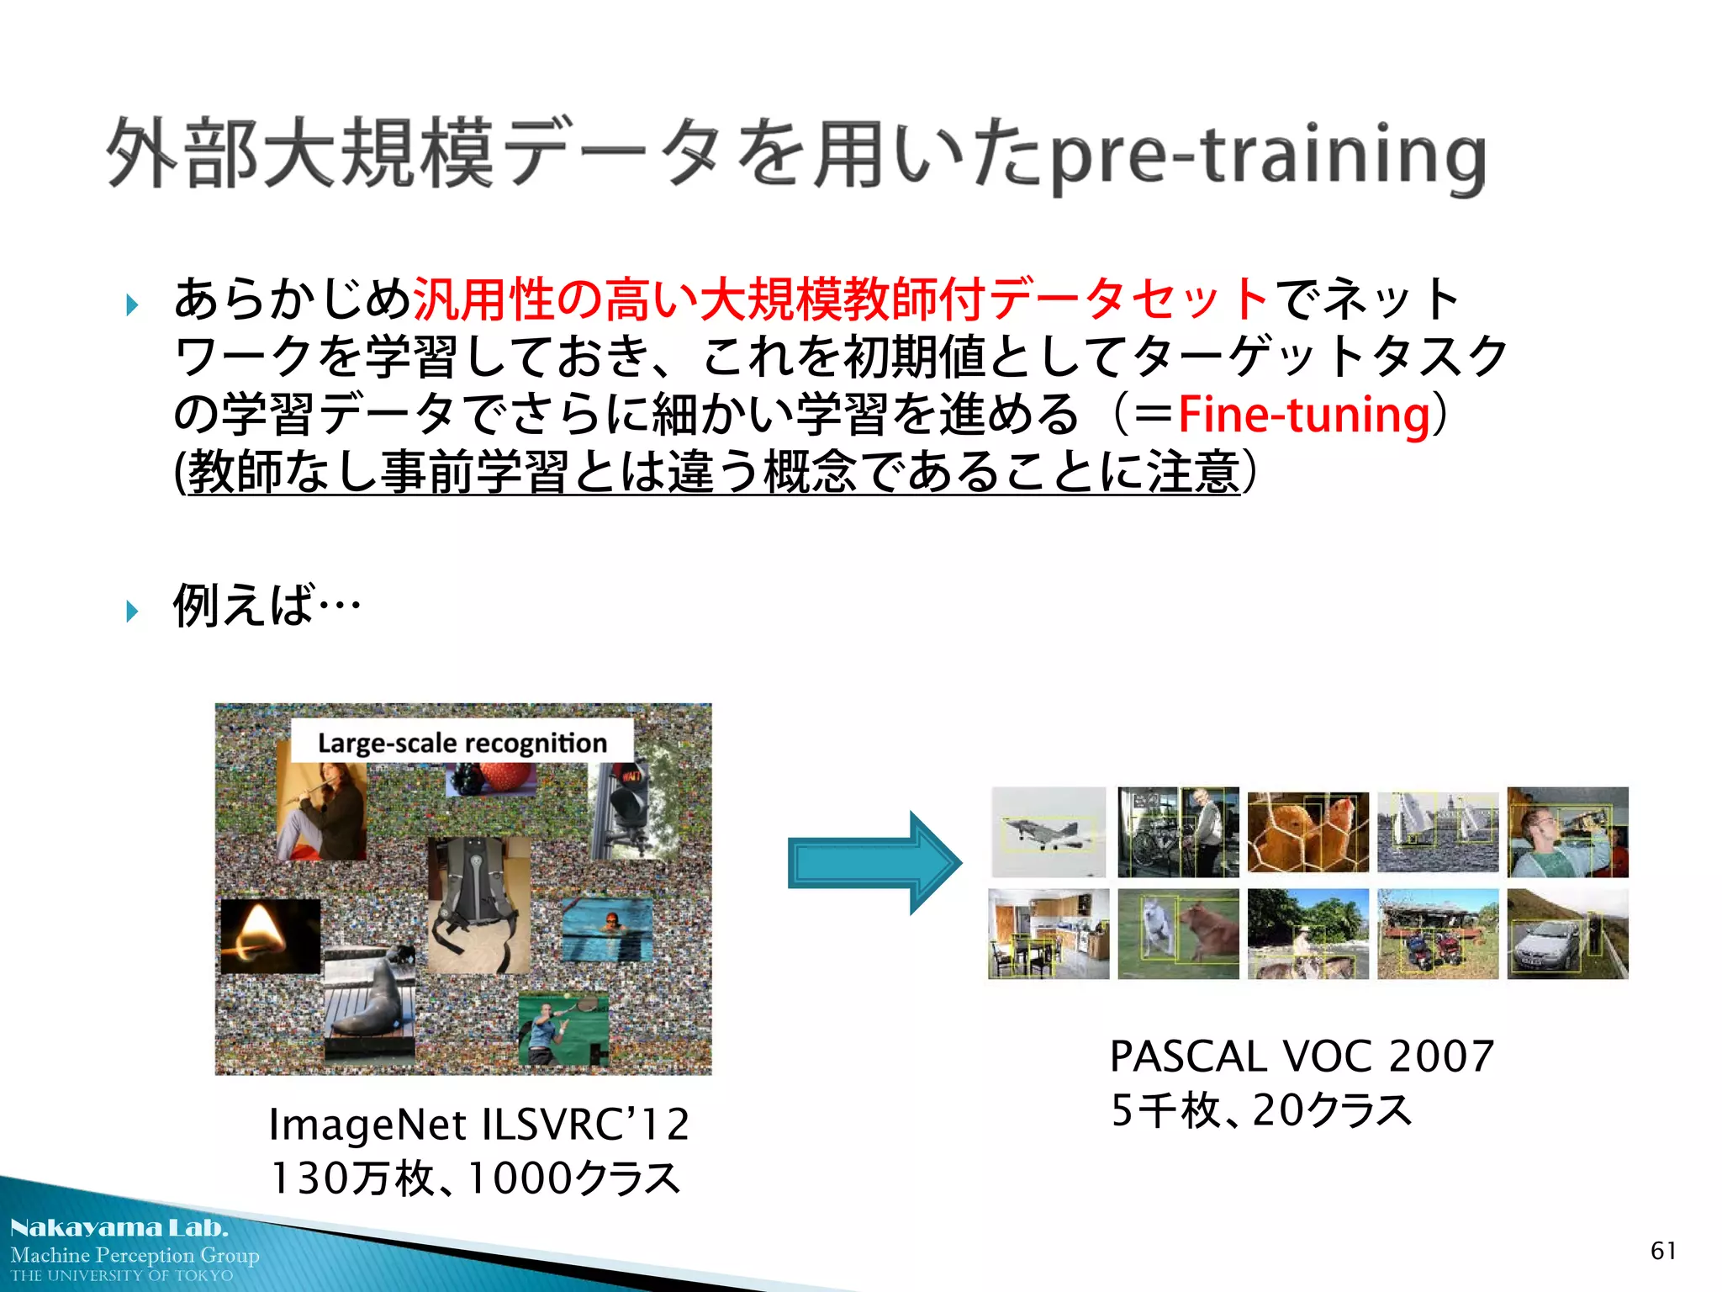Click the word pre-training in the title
pyautogui.click(x=1268, y=157)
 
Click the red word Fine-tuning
pyautogui.click(x=1303, y=416)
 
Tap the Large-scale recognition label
pyautogui.click(x=462, y=743)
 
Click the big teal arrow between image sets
pyautogui.click(x=874, y=863)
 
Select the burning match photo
pyautogui.click(x=270, y=936)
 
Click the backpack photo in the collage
pyautogui.click(x=478, y=903)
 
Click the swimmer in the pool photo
pyautogui.click(x=606, y=929)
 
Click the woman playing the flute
pyautogui.click(x=322, y=811)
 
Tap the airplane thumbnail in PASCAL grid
pyautogui.click(x=1048, y=832)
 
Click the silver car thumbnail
pyautogui.click(x=1566, y=934)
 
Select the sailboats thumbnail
pyautogui.click(x=1437, y=832)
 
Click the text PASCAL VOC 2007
pyautogui.click(x=1301, y=1056)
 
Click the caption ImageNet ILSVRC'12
pyautogui.click(x=478, y=1125)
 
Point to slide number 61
pyautogui.click(x=1662, y=1251)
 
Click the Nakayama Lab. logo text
pyautogui.click(x=119, y=1229)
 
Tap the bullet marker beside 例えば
pyautogui.click(x=132, y=611)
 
